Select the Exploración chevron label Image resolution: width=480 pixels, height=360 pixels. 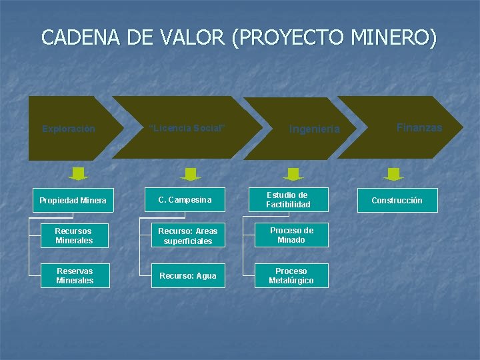[x=69, y=129]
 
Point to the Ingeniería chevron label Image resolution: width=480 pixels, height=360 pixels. [x=314, y=129]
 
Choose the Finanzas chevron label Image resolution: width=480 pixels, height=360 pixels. [x=419, y=127]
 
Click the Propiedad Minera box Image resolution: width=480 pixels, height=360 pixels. [x=73, y=200]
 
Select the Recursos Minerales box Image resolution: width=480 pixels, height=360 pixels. [x=74, y=235]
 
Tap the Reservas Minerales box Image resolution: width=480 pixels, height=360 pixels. [x=74, y=275]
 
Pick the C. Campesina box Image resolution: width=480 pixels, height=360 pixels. [x=185, y=199]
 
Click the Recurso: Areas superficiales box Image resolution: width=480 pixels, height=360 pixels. [x=185, y=235]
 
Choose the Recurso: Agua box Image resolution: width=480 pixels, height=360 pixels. [x=185, y=275]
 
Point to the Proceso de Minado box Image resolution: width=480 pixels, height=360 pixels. [x=291, y=235]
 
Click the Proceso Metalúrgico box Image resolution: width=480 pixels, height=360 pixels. [x=291, y=275]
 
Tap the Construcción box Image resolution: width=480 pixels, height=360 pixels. [x=397, y=200]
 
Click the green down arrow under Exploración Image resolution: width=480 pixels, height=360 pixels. [x=79, y=174]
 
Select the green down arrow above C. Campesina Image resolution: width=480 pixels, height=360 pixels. [x=191, y=174]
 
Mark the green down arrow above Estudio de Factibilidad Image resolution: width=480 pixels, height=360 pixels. [x=293, y=174]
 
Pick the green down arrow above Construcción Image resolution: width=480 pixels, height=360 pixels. [x=394, y=174]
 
